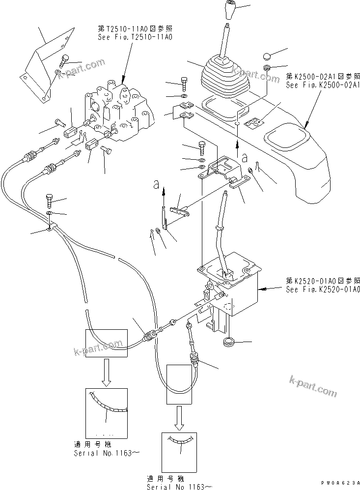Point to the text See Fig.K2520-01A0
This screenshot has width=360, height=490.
pyautogui.click(x=323, y=289)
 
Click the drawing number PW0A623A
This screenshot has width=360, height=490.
pyautogui.click(x=339, y=483)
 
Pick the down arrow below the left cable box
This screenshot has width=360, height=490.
pyautogui.click(x=106, y=375)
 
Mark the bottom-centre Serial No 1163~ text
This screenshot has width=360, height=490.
pyautogui.click(x=179, y=486)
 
